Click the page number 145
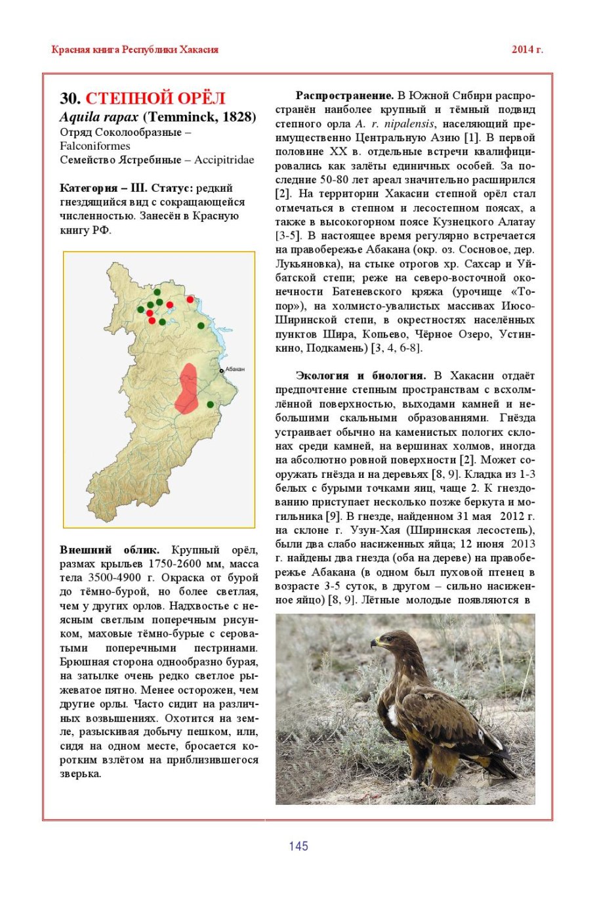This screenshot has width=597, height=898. pos(298,846)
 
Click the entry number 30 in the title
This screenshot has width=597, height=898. pos(70,98)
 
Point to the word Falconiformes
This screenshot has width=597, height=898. pos(95,146)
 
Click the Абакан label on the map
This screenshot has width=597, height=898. pos(234,370)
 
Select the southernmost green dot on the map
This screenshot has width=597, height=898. pos(211,404)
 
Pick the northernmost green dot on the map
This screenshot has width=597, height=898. pos(157,291)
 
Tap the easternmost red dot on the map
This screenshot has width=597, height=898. pos(190,299)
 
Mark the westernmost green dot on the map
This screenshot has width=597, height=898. pos(140,309)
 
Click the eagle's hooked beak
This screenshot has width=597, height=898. pos(374,644)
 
